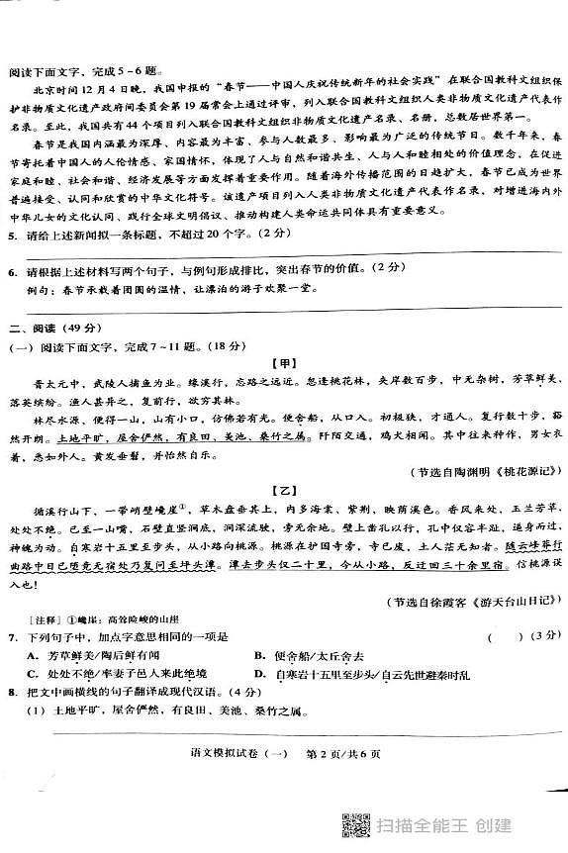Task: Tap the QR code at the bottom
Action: [353, 823]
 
